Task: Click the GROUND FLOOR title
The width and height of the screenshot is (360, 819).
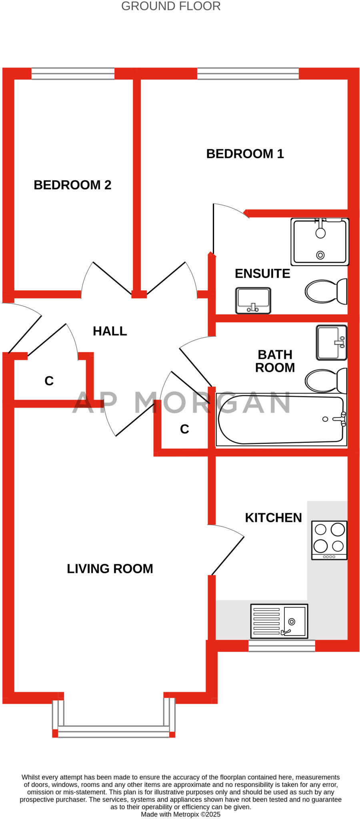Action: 171,6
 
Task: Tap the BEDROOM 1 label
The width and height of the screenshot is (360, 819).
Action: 245,154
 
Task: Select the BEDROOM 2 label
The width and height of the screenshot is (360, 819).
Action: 72,185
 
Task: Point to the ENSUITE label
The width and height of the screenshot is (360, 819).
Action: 262,274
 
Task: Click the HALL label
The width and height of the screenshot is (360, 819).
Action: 110,331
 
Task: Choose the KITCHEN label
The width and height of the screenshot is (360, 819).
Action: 273,518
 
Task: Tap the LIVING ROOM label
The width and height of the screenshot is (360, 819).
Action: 110,569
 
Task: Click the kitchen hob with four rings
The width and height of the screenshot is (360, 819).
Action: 329,540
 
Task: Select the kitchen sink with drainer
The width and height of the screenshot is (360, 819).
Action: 279,621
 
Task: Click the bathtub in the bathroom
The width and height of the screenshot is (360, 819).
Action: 281,419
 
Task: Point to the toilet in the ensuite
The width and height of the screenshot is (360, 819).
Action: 326,291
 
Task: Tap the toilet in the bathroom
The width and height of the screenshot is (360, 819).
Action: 326,380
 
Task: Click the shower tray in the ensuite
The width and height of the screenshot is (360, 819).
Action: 320,242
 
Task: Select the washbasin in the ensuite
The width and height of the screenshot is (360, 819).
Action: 253,300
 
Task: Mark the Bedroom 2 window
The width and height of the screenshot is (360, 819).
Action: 73,74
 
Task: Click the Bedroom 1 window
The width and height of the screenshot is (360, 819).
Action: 248,74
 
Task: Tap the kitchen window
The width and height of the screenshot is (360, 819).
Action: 282,646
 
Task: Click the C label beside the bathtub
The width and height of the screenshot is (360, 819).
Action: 184,429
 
